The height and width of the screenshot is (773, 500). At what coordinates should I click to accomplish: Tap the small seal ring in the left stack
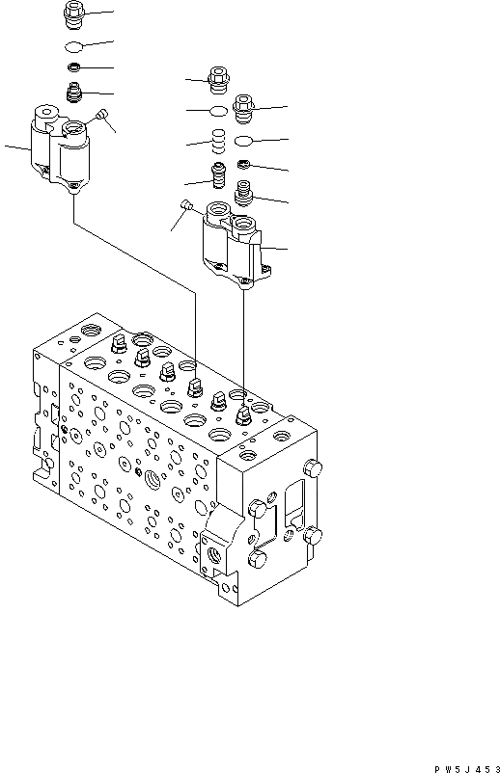(x=74, y=68)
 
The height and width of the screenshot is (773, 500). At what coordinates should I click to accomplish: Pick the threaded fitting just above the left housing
(x=74, y=93)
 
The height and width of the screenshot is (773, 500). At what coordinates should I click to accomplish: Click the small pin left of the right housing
(x=186, y=205)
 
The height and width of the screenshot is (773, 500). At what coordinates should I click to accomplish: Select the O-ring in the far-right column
(x=245, y=140)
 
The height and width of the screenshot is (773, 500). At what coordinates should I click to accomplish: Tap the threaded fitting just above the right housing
(x=245, y=196)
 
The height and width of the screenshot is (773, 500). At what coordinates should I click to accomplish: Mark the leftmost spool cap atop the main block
(x=119, y=344)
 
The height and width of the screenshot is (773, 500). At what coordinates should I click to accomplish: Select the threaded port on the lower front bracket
(x=212, y=551)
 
